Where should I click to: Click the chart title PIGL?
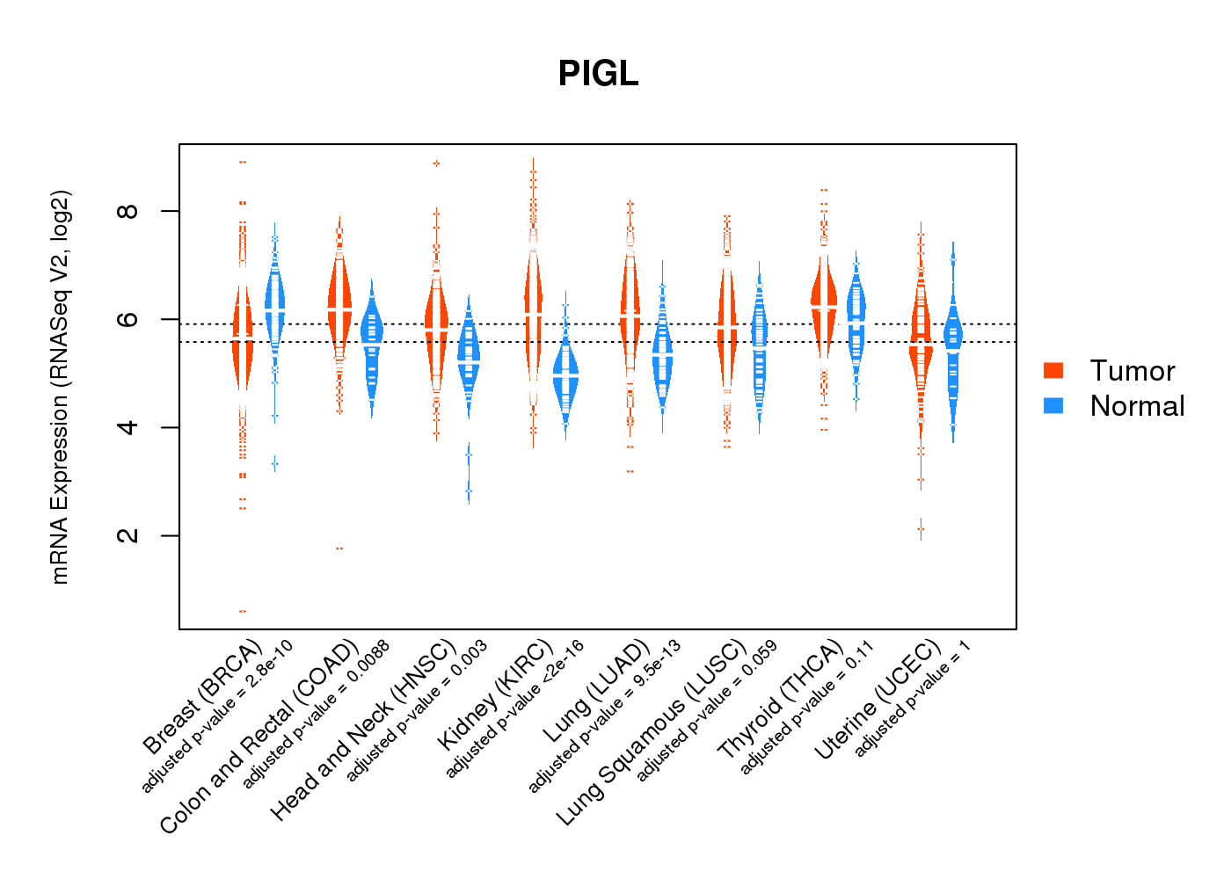coord(598,74)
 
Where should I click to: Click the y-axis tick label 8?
coord(129,211)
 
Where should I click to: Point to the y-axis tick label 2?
coord(129,535)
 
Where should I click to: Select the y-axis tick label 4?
coord(129,427)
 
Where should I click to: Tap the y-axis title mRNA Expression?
coord(60,387)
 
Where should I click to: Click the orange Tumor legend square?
coord(1053,370)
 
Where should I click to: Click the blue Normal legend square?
coord(1053,405)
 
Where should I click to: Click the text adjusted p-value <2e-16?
coord(514,709)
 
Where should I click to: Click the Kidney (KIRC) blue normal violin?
coord(565,378)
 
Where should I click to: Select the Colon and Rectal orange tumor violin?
coord(339,299)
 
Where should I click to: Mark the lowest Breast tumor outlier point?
coord(243,611)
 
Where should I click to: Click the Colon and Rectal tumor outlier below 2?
coord(339,548)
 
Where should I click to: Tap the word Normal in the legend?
coord(1137,406)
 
